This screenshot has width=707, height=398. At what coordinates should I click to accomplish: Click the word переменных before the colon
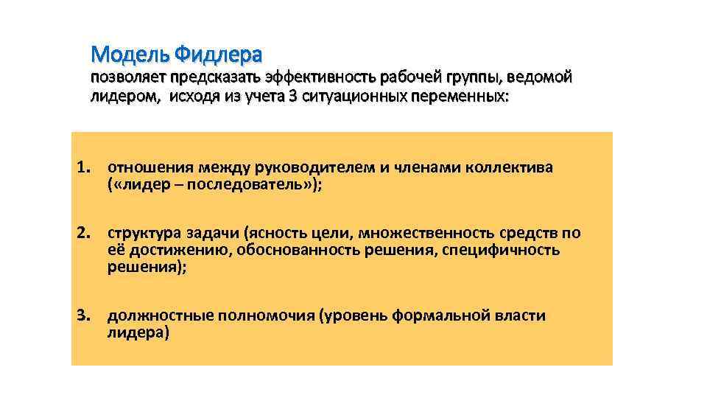click(456, 97)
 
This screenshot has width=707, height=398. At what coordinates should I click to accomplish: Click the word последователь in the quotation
click(243, 184)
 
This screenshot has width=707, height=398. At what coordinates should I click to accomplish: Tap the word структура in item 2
click(141, 234)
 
